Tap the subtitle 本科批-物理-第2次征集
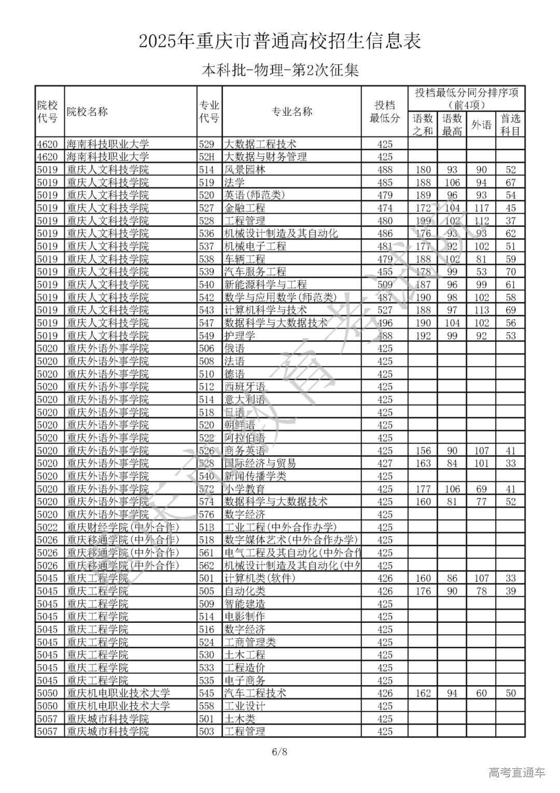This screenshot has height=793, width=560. [x=280, y=70]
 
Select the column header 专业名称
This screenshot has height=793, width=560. [x=292, y=112]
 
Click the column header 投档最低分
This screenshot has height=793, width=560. [x=385, y=112]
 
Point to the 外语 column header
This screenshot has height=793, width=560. [x=481, y=125]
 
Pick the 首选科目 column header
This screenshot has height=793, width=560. [x=510, y=125]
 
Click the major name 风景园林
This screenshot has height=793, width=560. [x=244, y=170]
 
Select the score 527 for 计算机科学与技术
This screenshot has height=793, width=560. [x=385, y=310]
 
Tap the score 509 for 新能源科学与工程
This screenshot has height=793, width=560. [x=385, y=285]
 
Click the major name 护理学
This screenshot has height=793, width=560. [x=240, y=336]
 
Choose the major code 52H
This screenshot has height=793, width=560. [x=207, y=157]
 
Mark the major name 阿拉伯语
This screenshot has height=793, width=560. [x=244, y=438]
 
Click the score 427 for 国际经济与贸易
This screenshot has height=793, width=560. [x=385, y=463]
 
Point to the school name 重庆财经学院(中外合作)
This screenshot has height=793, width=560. [x=123, y=527]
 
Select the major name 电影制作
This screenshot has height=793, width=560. [x=244, y=617]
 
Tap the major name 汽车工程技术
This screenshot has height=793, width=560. [x=255, y=693]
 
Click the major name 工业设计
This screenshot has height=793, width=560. [x=244, y=706]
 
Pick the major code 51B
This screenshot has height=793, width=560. [x=207, y=527]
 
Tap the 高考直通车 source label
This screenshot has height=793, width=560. [x=517, y=773]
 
